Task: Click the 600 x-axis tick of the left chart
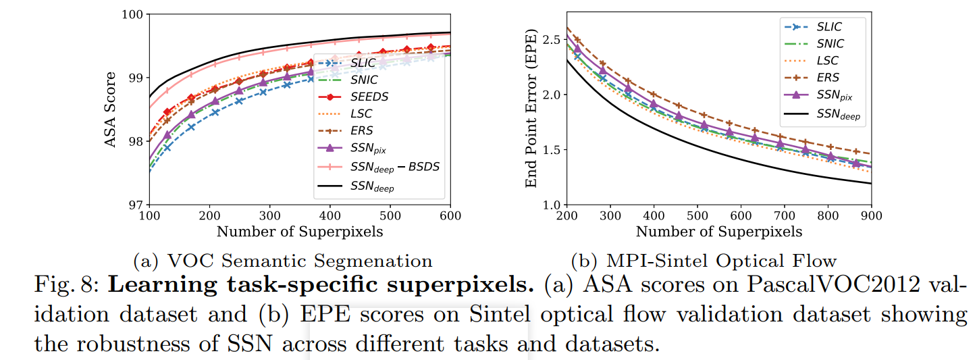click(x=450, y=216)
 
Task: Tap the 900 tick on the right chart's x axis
click(x=871, y=216)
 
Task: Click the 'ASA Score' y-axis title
click(x=111, y=109)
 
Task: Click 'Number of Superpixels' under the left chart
click(x=300, y=232)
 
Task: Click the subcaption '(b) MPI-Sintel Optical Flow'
click(x=704, y=260)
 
